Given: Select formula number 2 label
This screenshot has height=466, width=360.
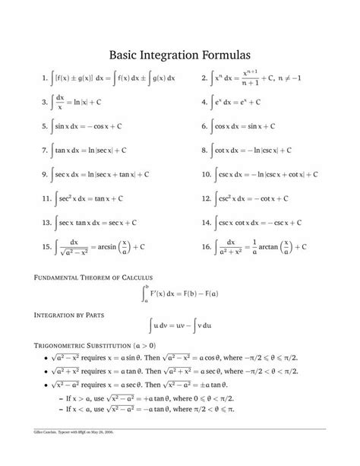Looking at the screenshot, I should click(x=204, y=79).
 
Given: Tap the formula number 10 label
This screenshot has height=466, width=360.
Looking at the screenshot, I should click(x=206, y=174).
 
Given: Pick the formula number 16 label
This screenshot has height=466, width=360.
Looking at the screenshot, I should click(x=206, y=246).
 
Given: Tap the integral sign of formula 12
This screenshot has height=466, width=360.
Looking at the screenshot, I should click(x=216, y=198).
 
